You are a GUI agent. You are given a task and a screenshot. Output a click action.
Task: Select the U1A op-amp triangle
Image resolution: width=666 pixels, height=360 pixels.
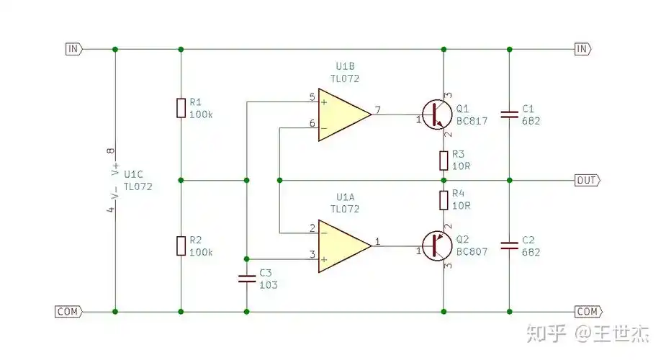341,246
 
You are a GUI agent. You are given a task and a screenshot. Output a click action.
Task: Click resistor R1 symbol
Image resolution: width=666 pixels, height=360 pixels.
181,108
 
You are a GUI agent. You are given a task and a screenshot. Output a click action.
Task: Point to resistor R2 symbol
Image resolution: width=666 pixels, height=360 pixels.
181,246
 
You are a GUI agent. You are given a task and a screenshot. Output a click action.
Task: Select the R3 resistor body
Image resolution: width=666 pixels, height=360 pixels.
444,159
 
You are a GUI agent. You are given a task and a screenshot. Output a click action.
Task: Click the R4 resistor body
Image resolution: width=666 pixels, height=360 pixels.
444,199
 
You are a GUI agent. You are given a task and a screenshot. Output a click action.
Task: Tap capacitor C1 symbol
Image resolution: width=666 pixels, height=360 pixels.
510,113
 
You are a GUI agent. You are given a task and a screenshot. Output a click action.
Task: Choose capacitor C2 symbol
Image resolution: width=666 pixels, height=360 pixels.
510,246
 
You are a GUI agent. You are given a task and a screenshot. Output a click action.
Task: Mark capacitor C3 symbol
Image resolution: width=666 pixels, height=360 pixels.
247,278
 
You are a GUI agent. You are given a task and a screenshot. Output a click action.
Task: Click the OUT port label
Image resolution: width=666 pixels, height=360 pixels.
586,180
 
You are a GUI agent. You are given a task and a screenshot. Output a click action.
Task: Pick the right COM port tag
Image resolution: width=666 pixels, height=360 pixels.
588,312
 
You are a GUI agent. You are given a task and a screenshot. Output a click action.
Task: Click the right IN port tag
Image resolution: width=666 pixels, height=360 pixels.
582,49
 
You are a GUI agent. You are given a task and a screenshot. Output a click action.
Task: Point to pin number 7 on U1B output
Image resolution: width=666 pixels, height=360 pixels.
378,109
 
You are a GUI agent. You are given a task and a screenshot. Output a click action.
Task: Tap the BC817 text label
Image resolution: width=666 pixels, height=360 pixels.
472,121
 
